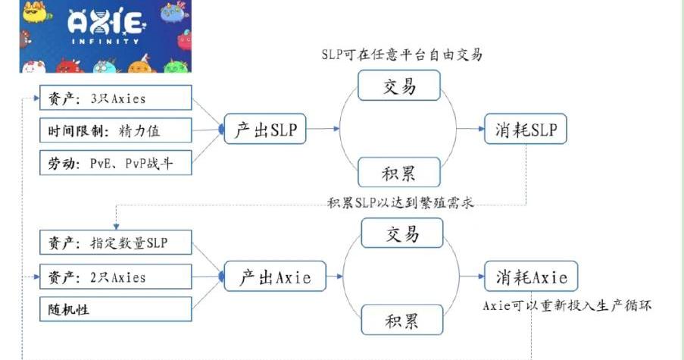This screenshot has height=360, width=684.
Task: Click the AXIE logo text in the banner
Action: click(x=105, y=22)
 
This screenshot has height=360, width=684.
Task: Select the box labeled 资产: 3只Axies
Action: click(x=115, y=98)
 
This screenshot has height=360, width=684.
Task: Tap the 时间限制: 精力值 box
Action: click(x=115, y=130)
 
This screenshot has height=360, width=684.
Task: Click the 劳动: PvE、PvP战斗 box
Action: click(x=115, y=162)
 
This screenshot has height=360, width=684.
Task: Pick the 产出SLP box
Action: click(x=265, y=130)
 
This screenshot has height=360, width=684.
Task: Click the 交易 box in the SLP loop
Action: click(x=398, y=86)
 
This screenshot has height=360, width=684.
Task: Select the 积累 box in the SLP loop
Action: click(x=398, y=173)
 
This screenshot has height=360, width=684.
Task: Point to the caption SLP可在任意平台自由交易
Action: click(x=401, y=55)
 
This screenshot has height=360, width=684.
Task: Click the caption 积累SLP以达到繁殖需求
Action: click(x=401, y=202)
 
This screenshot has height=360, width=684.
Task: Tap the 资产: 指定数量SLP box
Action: click(x=115, y=243)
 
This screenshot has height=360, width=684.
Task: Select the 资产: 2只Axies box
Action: click(x=115, y=277)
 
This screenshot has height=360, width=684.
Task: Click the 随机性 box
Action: click(x=115, y=308)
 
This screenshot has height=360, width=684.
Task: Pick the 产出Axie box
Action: click(x=274, y=277)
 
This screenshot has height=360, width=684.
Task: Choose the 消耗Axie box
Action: click(x=531, y=277)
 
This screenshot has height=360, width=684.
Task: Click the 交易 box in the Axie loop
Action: click(x=401, y=233)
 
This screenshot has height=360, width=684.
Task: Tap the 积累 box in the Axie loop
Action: click(x=401, y=320)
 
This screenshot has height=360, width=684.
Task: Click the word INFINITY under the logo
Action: click(x=105, y=41)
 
